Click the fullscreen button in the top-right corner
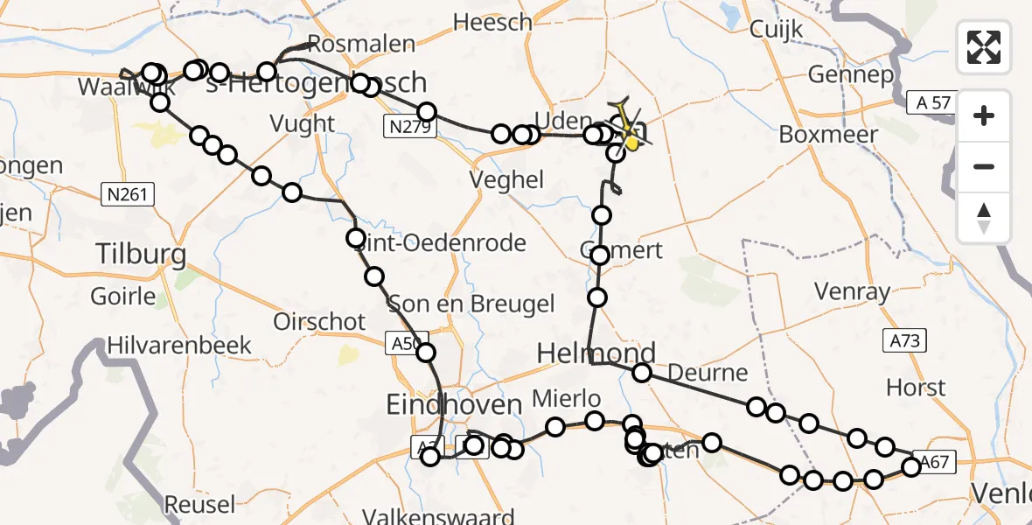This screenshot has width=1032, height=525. coord(984,47)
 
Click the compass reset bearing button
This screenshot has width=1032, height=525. coord(984,218)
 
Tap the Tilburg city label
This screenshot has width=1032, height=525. coord(141,255)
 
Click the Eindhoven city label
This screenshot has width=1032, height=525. coord(454,404)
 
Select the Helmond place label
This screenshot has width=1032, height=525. coord(596,353)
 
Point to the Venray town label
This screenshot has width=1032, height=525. coord(851,290)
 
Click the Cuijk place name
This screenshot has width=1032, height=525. coord(776,30)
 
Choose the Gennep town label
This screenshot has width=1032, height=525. coord(850,74)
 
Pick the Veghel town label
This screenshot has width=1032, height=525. coord(506,180)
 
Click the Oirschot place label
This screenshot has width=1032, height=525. coord(319,321)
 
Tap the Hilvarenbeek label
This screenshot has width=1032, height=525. coord(179,346)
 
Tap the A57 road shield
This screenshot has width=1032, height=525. coord(928,103)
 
